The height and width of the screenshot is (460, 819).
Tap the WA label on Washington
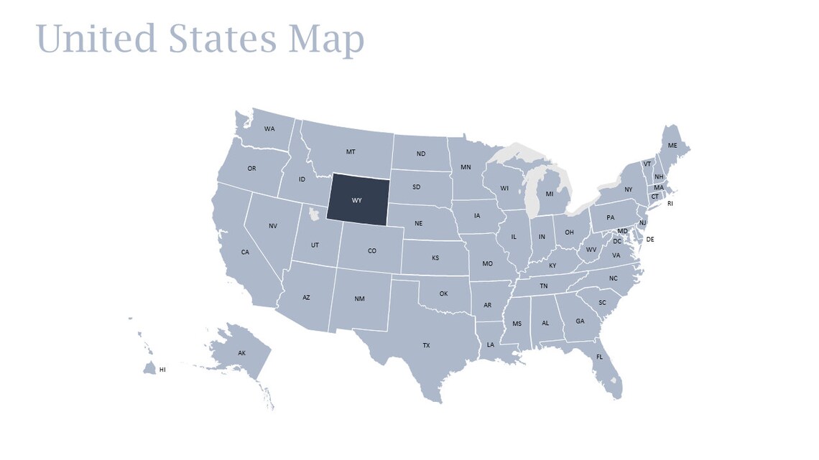pos(269,129)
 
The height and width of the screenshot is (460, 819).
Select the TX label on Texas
pos(426,345)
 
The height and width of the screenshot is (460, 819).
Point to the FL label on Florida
pos(599,357)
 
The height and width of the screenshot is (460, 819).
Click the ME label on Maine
pos(672,146)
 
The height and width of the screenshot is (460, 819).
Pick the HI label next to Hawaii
pos(162,370)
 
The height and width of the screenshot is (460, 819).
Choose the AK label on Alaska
pos(242,352)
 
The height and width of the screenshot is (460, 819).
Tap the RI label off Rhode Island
pos(670,203)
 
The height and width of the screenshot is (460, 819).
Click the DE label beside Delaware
pos(650,239)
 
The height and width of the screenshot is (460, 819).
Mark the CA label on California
pos(245,252)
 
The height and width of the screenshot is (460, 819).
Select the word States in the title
pos(223,39)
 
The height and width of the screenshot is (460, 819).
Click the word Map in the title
pos(326,39)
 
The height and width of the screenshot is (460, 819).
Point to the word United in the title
pos(96,39)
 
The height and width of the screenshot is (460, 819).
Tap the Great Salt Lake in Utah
pos(313,214)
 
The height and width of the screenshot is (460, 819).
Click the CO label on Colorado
pos(372,250)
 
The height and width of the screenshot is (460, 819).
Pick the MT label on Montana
pos(351,151)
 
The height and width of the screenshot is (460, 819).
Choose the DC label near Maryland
pos(617,241)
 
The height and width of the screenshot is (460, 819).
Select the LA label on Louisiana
pos(491,344)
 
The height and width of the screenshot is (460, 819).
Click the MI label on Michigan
pos(550,194)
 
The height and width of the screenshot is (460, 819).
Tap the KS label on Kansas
pos(435,258)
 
